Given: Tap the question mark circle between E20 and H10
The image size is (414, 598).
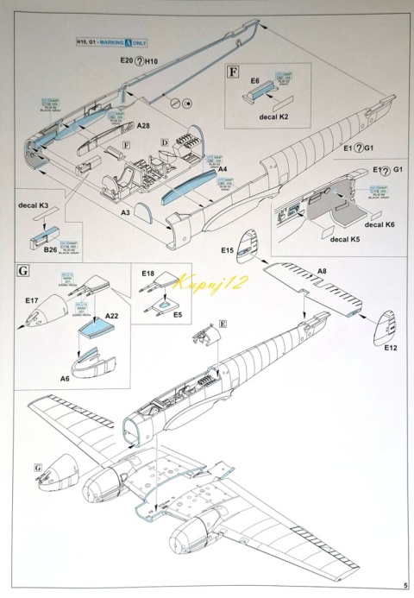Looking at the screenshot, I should pyautogui.click(x=141, y=62).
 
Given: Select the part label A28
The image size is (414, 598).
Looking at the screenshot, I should pyautogui.click(x=143, y=125).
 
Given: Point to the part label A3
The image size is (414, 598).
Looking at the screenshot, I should pyautogui.click(x=124, y=211).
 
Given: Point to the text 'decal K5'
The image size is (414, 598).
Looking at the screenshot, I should pyautogui.click(x=344, y=238).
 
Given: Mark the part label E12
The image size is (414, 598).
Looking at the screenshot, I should pyautogui.click(x=390, y=348).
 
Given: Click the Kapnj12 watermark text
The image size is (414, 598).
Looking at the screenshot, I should pyautogui.click(x=201, y=280).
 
